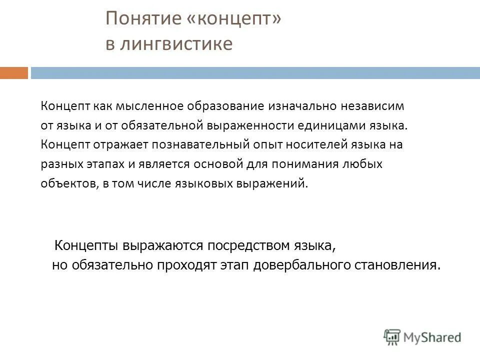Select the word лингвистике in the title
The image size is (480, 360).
(176, 44)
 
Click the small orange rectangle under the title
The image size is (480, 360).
(14, 73)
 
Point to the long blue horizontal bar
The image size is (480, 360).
(255, 73)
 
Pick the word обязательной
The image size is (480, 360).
(165, 125)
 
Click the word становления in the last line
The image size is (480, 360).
(403, 265)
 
